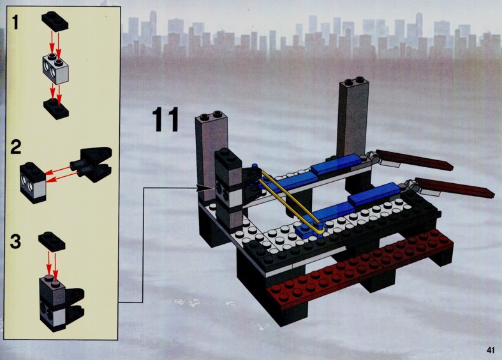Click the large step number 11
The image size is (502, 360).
[165, 119]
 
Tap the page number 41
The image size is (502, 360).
[491, 350]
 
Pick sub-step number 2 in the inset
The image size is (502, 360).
[16, 147]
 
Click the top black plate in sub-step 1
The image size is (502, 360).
[55, 21]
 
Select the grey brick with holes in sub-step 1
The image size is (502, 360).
[56, 69]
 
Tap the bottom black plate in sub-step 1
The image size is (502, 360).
[56, 109]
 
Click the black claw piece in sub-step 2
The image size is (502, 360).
[92, 163]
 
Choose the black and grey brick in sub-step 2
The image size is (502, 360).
[33, 183]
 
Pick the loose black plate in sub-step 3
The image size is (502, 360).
[52, 241]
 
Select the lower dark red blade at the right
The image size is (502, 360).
[455, 188]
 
